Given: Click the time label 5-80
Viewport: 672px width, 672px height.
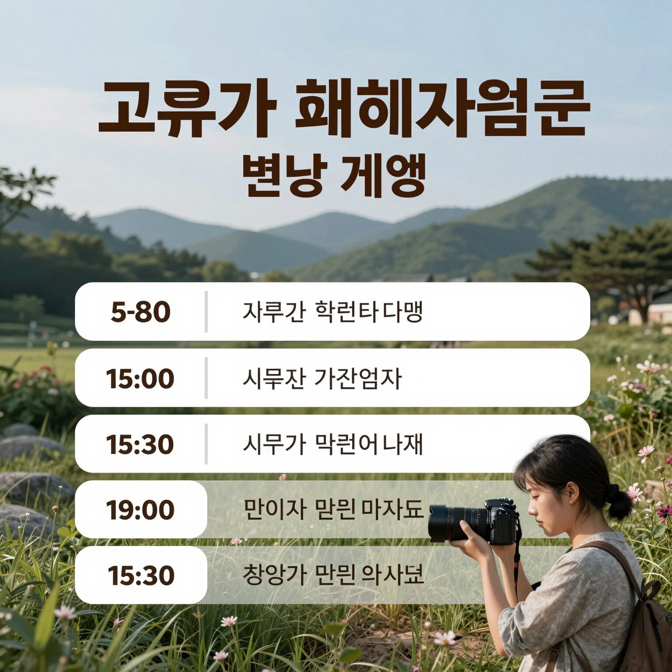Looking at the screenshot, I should pos(140,312).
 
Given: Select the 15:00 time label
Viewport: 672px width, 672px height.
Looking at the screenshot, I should pos(140,378).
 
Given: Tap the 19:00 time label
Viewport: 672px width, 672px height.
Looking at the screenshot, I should pos(140,510).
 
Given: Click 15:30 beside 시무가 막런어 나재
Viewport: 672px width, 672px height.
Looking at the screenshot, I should pos(140,444).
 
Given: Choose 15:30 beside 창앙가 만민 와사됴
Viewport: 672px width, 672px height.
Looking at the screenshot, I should pos(141,575).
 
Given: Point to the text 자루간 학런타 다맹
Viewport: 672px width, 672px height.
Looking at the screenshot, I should pos(332,312).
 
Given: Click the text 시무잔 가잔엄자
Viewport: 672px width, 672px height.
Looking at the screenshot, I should pos(322,378).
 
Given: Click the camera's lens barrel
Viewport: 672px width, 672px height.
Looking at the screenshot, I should pos(455,523).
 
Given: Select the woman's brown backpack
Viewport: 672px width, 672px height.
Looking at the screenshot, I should pos(647,621).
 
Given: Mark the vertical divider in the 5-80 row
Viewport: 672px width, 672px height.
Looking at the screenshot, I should pos(206,312).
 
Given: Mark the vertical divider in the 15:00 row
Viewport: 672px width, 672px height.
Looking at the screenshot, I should pos(206,378).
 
